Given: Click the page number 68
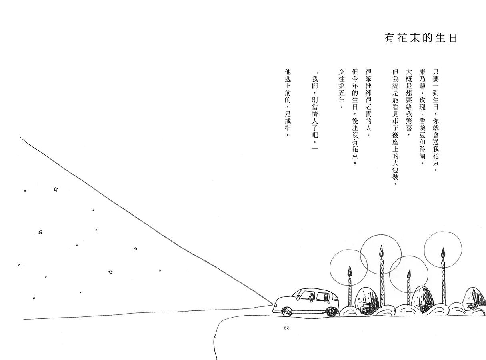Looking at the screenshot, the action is pos(286,328).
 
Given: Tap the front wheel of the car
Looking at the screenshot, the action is pos(287,311).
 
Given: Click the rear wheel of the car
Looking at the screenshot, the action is pos(332,311).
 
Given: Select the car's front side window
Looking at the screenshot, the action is pos(307,296).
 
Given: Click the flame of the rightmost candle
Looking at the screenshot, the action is pos(443,253).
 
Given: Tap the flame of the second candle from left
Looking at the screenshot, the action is pos(381,252).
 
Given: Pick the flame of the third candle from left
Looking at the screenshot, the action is pos(409,274).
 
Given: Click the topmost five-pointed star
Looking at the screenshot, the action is pos(56,189).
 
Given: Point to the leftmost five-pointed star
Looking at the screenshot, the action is pos(40,232).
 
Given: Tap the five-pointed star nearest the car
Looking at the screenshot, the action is pos(136,249).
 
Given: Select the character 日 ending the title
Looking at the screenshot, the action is pos(453,38).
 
